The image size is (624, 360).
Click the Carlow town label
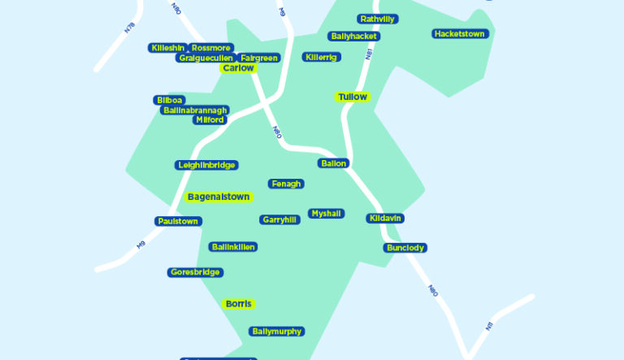[x=238, y=68]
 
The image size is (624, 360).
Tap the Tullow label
[x=353, y=97]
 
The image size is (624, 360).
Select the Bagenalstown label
[x=219, y=197]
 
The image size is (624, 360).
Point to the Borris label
[x=239, y=304]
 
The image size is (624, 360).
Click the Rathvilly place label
[x=378, y=19]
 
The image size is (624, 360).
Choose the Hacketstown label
[x=460, y=34]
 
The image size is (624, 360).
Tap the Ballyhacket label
[x=354, y=37]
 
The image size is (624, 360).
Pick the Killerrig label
[x=322, y=57]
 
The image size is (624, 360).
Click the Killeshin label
[x=168, y=48]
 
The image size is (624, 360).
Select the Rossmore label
[x=212, y=48]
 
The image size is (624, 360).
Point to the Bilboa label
[x=170, y=100]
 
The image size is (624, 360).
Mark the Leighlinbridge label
[x=206, y=165]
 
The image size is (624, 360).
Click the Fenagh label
[x=286, y=184]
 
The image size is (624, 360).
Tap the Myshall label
[x=326, y=214]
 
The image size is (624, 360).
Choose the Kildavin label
[x=385, y=219]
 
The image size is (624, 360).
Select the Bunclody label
[x=405, y=248]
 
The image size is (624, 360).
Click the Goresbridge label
[x=195, y=272]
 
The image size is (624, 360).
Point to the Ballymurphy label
[x=277, y=332]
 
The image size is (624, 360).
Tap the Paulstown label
[x=178, y=221]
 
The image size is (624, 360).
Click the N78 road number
[x=129, y=28]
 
